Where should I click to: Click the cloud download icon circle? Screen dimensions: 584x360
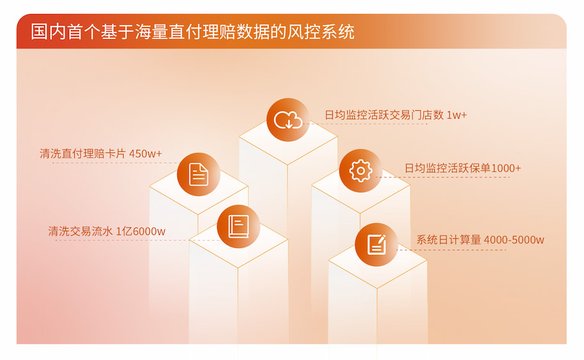[x=288, y=120]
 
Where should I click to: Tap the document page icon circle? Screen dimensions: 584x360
[x=199, y=174]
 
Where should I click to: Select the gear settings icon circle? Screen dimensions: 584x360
[x=361, y=170]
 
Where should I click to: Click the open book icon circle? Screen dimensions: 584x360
[x=238, y=226]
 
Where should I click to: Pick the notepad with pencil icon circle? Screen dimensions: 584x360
[x=376, y=245]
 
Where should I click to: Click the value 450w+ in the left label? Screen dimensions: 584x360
[x=145, y=154]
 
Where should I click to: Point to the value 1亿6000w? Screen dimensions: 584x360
[x=141, y=231]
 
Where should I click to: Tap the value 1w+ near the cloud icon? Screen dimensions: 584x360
[x=456, y=115]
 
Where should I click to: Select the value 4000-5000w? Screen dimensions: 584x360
[x=514, y=240]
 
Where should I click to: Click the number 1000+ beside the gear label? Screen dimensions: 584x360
[x=506, y=168]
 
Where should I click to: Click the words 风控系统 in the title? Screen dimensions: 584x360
[x=321, y=31]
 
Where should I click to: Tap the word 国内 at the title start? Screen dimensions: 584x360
[x=47, y=31]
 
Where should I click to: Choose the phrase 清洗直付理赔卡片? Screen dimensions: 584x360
[x=83, y=154]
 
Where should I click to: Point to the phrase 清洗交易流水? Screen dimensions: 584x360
[x=81, y=231]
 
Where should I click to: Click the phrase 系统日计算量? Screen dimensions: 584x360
[x=449, y=240]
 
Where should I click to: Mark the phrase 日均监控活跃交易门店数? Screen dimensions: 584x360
[x=384, y=115]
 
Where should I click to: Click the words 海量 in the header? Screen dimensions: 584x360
[x=151, y=31]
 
